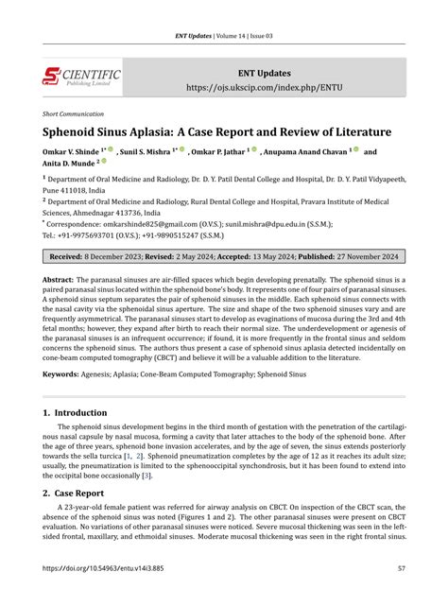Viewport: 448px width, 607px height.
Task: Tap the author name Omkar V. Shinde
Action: pyautogui.click(x=75, y=150)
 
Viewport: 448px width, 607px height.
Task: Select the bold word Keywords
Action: pyautogui.click(x=60, y=374)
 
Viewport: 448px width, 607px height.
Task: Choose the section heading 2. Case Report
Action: pyautogui.click(x=77, y=494)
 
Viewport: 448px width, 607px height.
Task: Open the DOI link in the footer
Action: pyautogui.click(x=101, y=593)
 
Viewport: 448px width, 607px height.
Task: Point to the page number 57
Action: pyautogui.click(x=401, y=593)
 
